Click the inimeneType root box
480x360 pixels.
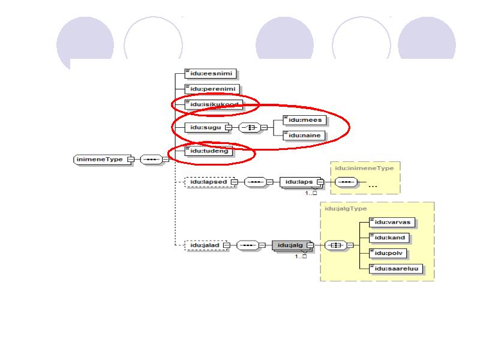[100, 160]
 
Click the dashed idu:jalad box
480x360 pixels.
[203, 245]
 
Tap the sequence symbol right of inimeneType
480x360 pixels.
[150, 160]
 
